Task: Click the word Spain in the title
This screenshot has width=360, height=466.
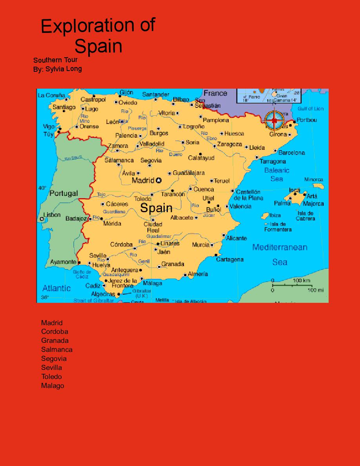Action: click(x=98, y=46)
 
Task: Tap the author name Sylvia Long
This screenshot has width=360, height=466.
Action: click(x=64, y=69)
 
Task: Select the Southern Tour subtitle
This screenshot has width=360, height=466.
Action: click(x=55, y=60)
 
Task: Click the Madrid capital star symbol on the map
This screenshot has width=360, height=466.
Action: click(x=158, y=180)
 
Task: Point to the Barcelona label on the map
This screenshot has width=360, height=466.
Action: click(x=291, y=153)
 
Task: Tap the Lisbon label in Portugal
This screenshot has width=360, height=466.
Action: click(x=52, y=215)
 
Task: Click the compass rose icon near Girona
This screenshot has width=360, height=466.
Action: click(x=274, y=120)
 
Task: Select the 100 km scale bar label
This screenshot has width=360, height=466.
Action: click(x=301, y=280)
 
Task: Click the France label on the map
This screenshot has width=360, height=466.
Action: click(x=215, y=93)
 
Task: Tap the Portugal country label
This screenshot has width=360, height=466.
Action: click(x=64, y=193)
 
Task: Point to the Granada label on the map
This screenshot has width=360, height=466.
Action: click(x=173, y=264)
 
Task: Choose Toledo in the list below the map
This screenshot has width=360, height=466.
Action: click(x=51, y=377)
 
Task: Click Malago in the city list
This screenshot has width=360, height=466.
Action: click(x=53, y=386)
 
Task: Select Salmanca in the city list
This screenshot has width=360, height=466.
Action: click(x=57, y=349)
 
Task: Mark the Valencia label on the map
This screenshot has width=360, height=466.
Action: click(x=240, y=206)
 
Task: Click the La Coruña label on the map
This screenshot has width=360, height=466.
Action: click(x=51, y=95)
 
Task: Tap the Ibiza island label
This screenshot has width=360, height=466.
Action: click(x=275, y=215)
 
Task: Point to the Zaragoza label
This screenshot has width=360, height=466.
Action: click(x=229, y=144)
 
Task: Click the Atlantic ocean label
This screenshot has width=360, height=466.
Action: click(x=56, y=288)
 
